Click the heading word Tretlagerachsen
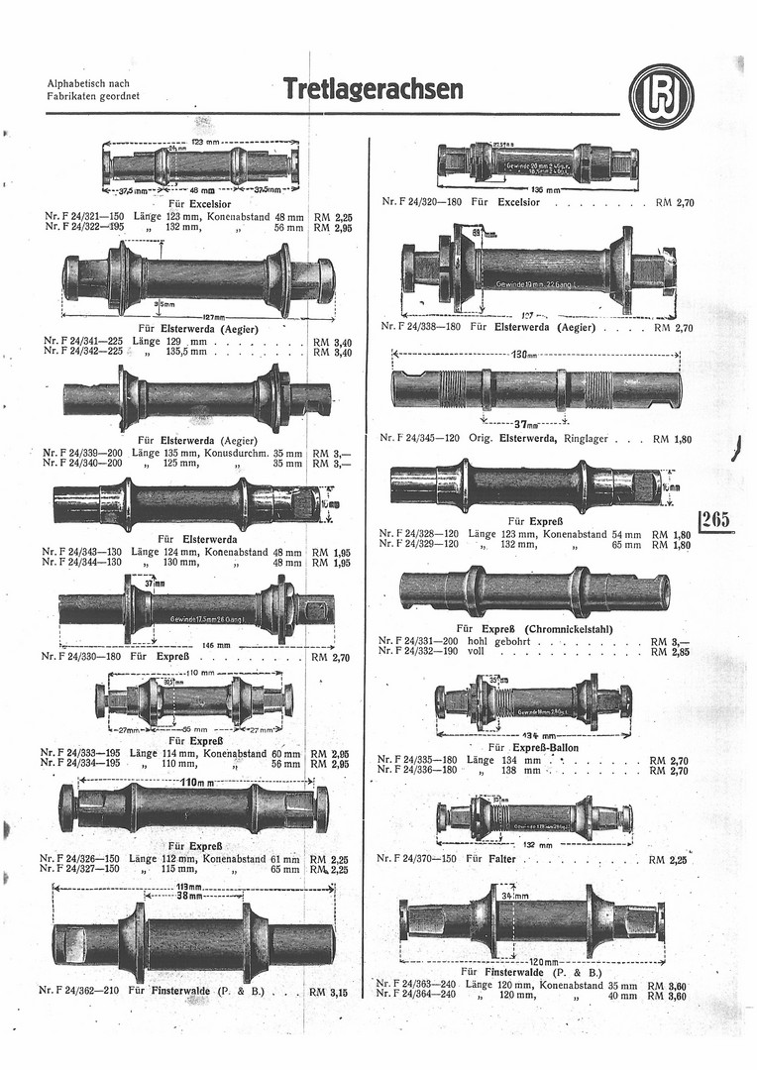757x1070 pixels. pos(373,90)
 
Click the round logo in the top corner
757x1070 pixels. pos(661,96)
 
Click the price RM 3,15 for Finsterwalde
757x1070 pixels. pos(330,990)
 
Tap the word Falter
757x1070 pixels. pos(502,859)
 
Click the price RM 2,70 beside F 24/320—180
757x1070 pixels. pos(677,202)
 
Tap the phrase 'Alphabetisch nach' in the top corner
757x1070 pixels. pos(88,83)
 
